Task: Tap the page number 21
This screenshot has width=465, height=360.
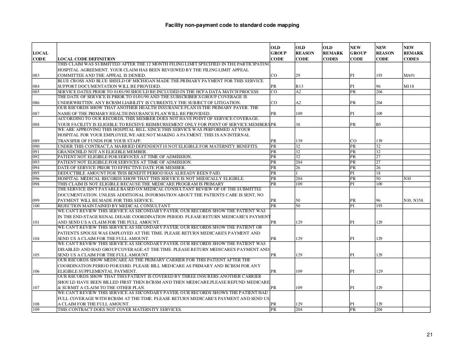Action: [429, 335]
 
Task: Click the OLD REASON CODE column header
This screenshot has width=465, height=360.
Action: [304, 53]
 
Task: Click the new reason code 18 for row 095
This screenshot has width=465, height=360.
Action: [378, 173]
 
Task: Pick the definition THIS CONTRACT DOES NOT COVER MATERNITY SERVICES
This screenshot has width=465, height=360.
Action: [119, 310]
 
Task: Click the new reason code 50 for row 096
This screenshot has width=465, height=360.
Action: [378, 178]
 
